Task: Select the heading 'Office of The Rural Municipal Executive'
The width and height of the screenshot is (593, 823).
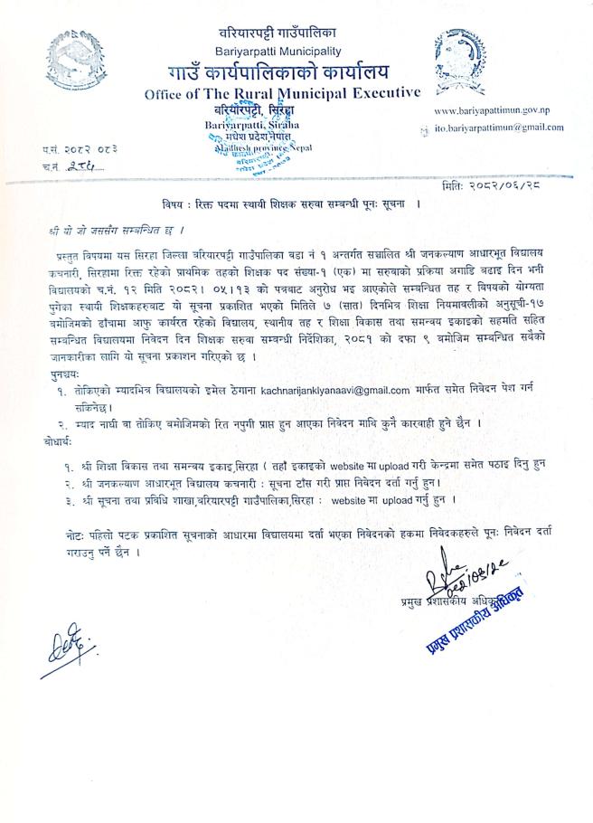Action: tap(282, 92)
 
